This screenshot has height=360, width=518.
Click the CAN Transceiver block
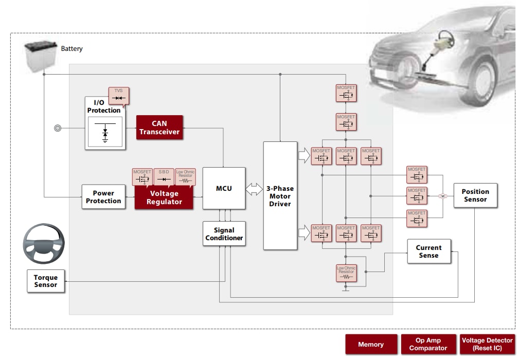[159, 128]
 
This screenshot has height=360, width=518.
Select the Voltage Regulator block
[164, 197]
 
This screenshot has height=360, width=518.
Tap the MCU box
[224, 188]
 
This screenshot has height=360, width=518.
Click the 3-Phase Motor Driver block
[280, 196]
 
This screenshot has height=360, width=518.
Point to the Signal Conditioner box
[224, 234]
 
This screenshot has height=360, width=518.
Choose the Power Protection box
[103, 197]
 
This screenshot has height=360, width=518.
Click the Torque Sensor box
[46, 281]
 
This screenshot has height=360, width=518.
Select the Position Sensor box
[475, 195]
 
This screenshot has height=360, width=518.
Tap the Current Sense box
[428, 251]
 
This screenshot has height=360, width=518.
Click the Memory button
[371, 345]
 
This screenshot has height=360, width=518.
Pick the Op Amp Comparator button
[427, 345]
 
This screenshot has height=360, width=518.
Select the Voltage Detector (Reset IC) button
[487, 345]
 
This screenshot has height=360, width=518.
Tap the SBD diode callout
[164, 177]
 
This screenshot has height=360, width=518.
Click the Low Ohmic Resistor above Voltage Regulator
[185, 177]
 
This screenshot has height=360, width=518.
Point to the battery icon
[40, 57]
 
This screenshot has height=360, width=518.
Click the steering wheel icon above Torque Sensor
[44, 244]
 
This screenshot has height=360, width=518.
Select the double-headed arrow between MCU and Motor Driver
[254, 189]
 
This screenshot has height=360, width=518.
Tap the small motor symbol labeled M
[442, 196]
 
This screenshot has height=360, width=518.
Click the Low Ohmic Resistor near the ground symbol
[346, 273]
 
